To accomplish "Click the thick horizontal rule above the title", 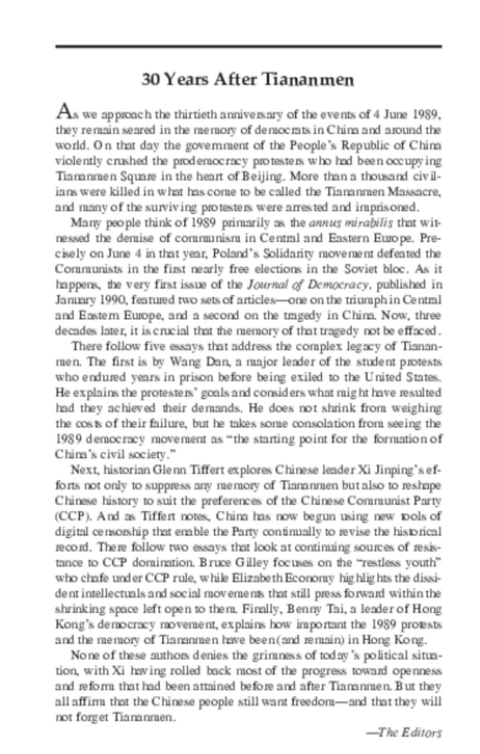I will [x=249, y=46].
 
